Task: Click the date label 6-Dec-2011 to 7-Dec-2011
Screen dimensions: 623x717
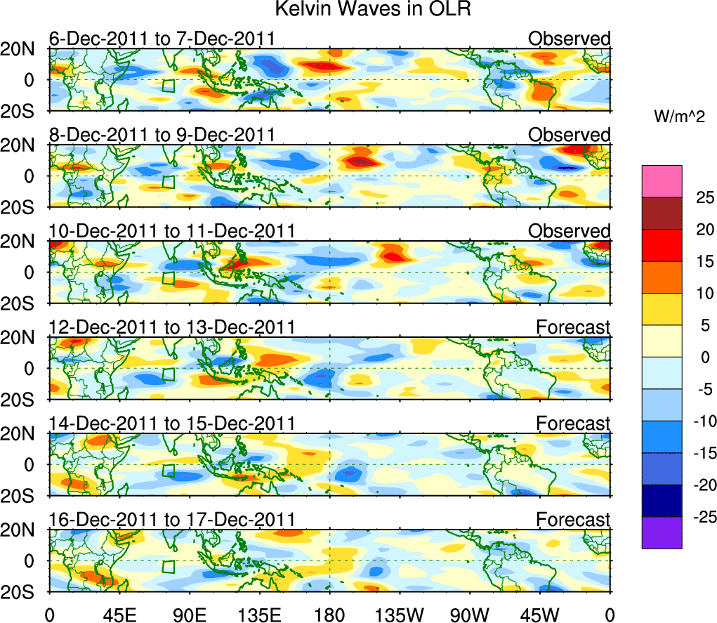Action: [x=161, y=39]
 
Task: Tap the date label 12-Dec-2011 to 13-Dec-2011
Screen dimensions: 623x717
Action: [x=171, y=327]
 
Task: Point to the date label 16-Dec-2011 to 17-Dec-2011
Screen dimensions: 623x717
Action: [x=171, y=519]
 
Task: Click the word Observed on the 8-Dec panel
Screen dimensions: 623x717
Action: [x=569, y=135]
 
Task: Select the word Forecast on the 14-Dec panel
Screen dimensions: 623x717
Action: [x=573, y=424]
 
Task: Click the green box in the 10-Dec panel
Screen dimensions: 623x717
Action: [x=168, y=277]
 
